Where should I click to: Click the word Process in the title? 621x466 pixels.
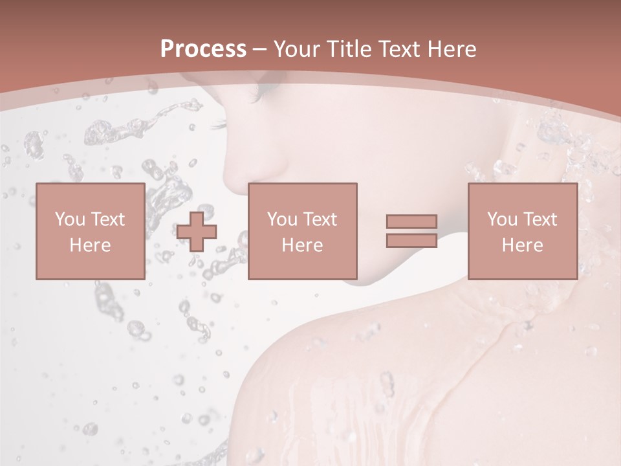click(203, 49)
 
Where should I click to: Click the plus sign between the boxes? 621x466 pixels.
click(197, 231)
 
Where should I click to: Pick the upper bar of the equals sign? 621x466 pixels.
click(411, 221)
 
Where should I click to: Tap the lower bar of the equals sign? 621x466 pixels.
click(411, 240)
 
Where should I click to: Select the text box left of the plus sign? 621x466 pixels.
click(90, 231)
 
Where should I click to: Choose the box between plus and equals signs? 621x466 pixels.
click(302, 231)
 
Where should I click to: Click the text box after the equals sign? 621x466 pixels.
click(522, 231)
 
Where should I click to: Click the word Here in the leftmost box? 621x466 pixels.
click(90, 245)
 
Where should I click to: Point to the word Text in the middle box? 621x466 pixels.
click(320, 219)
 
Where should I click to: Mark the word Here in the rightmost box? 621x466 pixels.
click(522, 245)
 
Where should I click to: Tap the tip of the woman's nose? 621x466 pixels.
click(228, 172)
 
